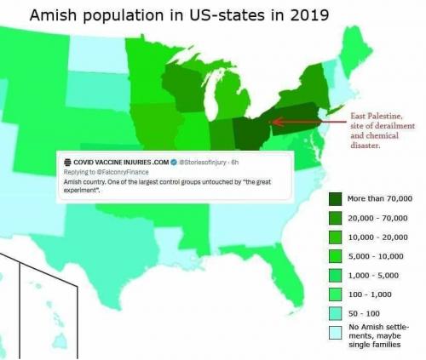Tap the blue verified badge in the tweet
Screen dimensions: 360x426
coord(173,162)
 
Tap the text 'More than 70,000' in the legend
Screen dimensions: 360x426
coord(379,199)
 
